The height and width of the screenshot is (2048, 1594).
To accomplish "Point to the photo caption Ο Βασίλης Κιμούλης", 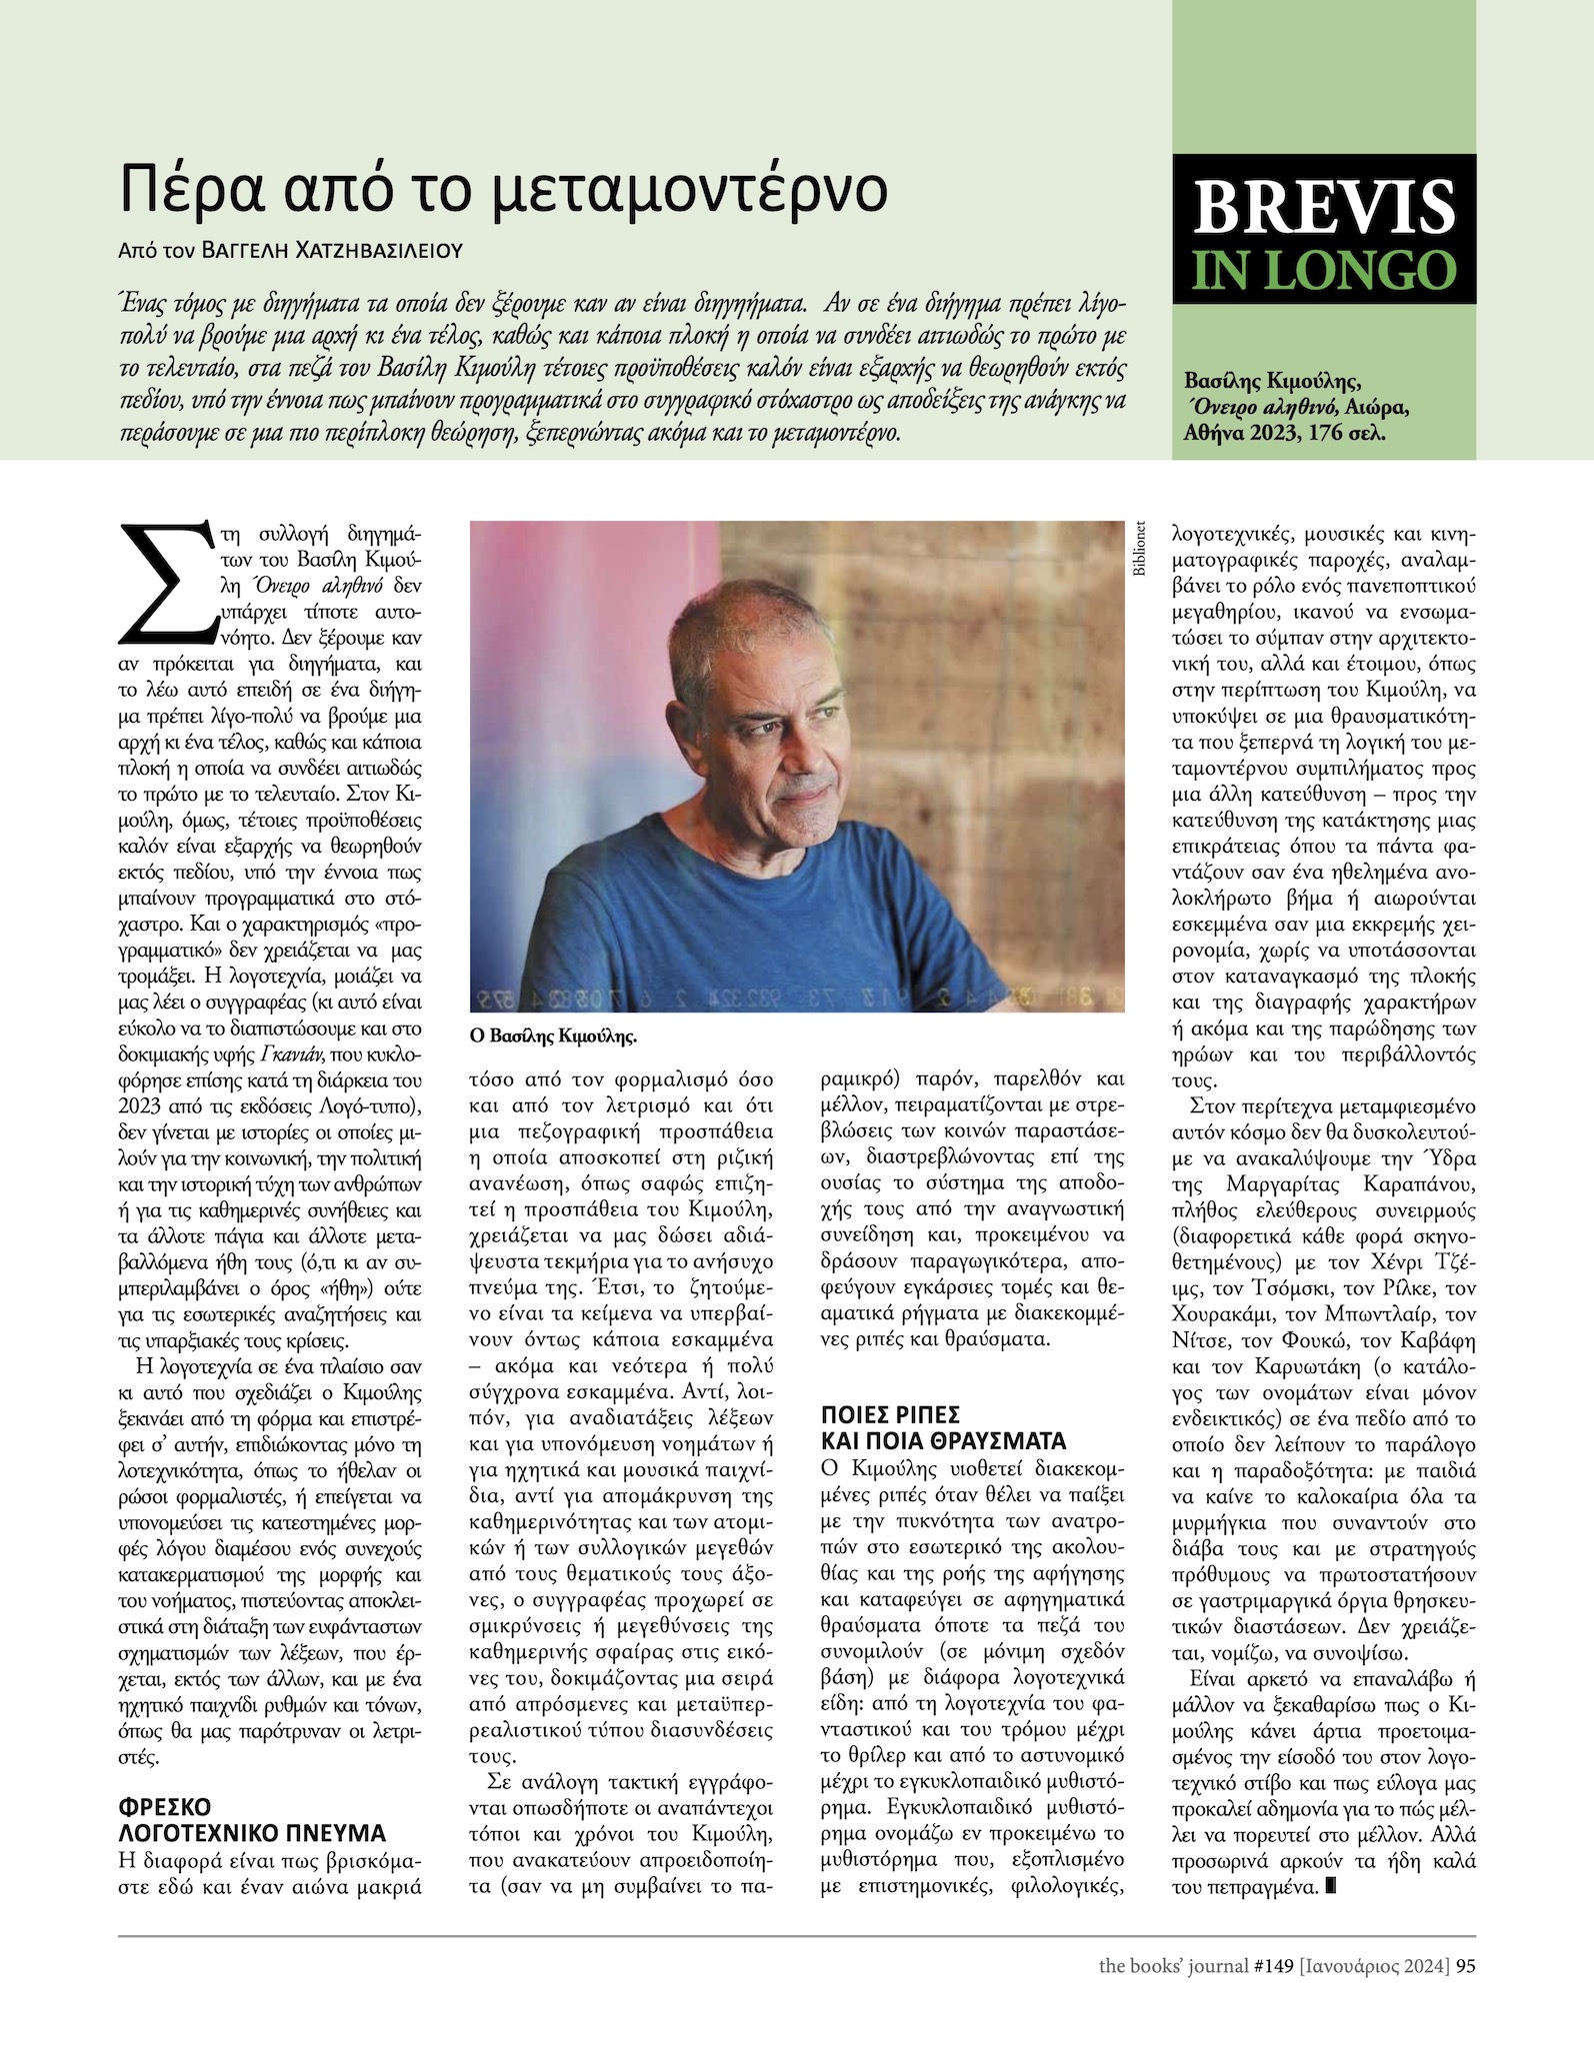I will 553,1037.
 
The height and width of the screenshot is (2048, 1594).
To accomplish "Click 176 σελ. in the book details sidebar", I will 1350,435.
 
